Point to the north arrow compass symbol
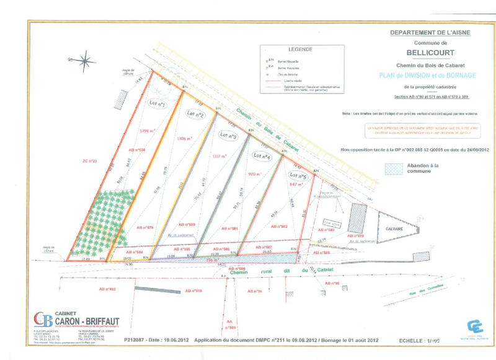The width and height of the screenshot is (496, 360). point(84,60)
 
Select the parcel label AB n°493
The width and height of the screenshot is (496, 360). point(107,289)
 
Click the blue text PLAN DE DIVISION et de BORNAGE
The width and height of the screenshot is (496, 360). point(420,74)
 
